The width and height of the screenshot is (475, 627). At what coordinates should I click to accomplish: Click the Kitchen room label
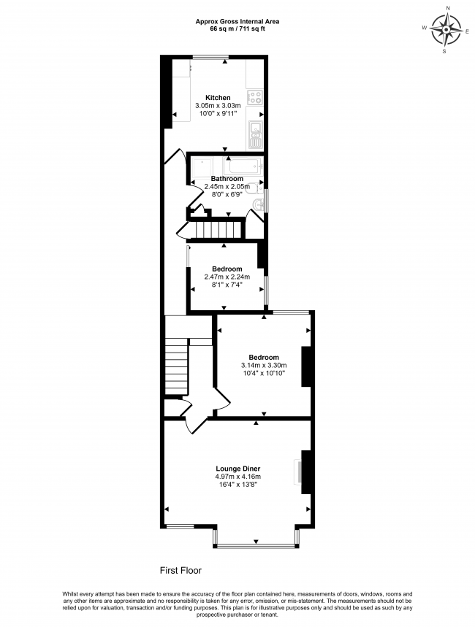tap(218, 98)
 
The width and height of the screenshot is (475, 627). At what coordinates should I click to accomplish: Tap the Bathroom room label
tap(227, 179)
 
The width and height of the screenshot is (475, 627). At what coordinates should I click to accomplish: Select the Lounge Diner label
tap(238, 469)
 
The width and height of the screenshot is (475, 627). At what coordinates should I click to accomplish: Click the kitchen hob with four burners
tap(255, 97)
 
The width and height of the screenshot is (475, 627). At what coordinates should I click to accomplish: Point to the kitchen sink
tap(255, 134)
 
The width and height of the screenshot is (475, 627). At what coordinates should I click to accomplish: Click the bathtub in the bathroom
tap(243, 165)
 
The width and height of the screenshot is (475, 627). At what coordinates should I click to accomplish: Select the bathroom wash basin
tap(257, 204)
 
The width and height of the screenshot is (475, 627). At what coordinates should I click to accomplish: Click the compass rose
tap(445, 30)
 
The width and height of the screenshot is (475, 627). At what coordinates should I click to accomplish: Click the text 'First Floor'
tap(180, 571)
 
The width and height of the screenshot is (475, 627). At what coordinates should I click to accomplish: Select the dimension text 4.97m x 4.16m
tap(238, 477)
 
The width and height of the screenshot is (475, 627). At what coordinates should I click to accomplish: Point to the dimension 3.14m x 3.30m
tap(264, 365)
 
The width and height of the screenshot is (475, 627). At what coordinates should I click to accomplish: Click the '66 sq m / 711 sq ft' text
tap(237, 28)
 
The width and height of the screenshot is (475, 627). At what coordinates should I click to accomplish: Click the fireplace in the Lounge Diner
tap(298, 472)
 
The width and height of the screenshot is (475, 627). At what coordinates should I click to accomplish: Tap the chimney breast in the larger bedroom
tap(306, 366)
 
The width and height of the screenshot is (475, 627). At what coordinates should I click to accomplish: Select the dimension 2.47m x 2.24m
tap(227, 277)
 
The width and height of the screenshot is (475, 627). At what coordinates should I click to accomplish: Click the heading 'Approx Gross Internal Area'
tap(237, 22)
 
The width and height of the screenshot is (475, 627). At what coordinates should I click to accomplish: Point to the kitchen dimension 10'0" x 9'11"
tap(218, 114)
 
